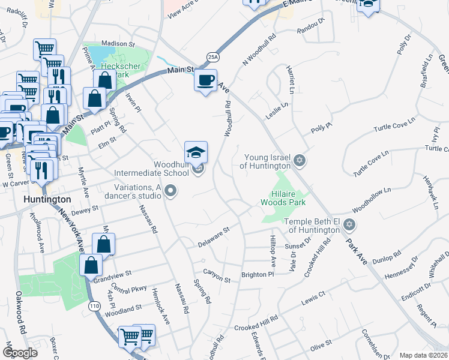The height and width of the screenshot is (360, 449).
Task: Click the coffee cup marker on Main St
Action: (205, 79)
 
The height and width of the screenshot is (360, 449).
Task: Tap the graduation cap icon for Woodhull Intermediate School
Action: (196, 154)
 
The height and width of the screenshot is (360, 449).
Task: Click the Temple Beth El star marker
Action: (349, 225)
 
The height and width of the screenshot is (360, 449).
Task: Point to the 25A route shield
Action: (212, 56)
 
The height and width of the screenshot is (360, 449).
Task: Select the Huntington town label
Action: (47, 199)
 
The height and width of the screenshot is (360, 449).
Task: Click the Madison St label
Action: (118, 44)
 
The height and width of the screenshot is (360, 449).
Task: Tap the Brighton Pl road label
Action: (258, 274)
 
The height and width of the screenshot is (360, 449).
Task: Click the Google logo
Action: (19, 353)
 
